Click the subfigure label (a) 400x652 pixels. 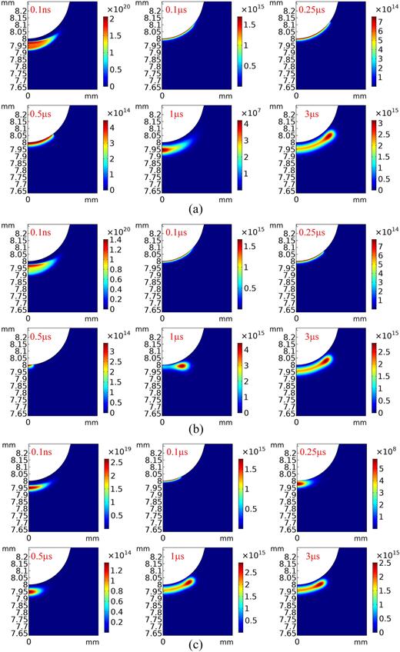[x=200, y=208]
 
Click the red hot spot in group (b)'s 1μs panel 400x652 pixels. [x=182, y=366]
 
